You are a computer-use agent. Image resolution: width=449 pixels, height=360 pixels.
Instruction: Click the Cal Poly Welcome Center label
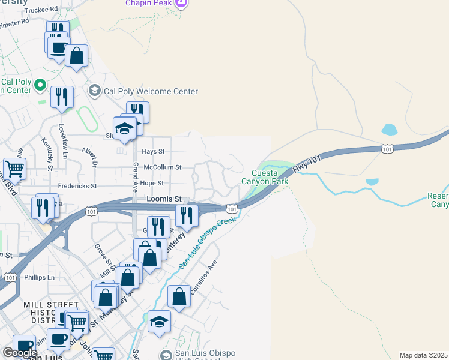pyautogui.click(x=151, y=92)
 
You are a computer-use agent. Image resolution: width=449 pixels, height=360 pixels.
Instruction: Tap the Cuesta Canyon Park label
pyautogui.click(x=265, y=177)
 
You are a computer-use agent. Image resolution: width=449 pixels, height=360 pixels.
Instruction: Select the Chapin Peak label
pyautogui.click(x=148, y=3)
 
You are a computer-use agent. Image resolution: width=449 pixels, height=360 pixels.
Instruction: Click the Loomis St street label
pyautogui.click(x=164, y=199)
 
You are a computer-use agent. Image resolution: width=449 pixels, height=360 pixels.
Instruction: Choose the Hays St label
pyautogui.click(x=153, y=152)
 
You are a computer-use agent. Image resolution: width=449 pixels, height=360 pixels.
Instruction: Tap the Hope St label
pyautogui.click(x=152, y=183)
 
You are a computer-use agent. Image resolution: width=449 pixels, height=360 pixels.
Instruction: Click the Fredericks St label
pyautogui.click(x=77, y=186)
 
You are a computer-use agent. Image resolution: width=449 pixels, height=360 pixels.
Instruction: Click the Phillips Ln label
pyautogui.click(x=39, y=277)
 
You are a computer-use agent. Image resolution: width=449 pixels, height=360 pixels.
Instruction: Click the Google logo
pyautogui.click(x=20, y=353)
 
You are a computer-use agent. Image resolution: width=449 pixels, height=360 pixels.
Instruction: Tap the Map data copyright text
pyautogui.click(x=424, y=355)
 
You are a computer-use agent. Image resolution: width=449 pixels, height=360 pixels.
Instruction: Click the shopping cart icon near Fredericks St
pyautogui.click(x=14, y=169)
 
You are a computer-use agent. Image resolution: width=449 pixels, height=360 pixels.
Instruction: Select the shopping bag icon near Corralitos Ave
pyautogui.click(x=179, y=296)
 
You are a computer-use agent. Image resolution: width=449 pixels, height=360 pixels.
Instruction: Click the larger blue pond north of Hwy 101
pyautogui.click(x=389, y=130)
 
